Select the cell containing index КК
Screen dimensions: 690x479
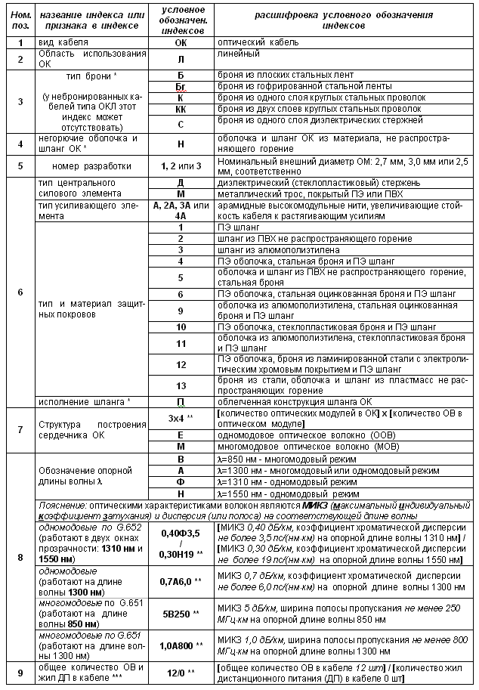(181, 109)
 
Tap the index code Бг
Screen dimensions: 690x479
(181, 88)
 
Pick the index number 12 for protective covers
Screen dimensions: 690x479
(181, 364)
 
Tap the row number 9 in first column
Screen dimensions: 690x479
(20, 671)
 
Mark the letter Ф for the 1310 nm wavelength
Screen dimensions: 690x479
(181, 481)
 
